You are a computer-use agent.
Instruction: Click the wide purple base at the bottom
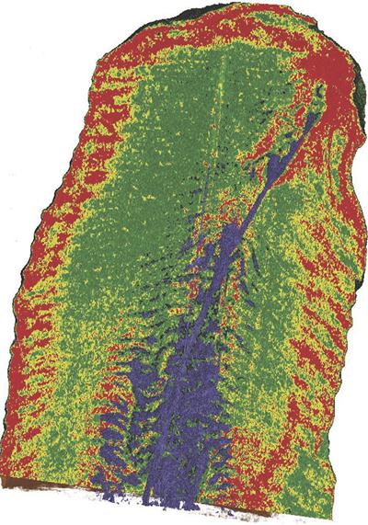pos(175,478)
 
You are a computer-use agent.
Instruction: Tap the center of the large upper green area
pos(184,138)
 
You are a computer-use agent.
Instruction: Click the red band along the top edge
pos(202,28)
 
